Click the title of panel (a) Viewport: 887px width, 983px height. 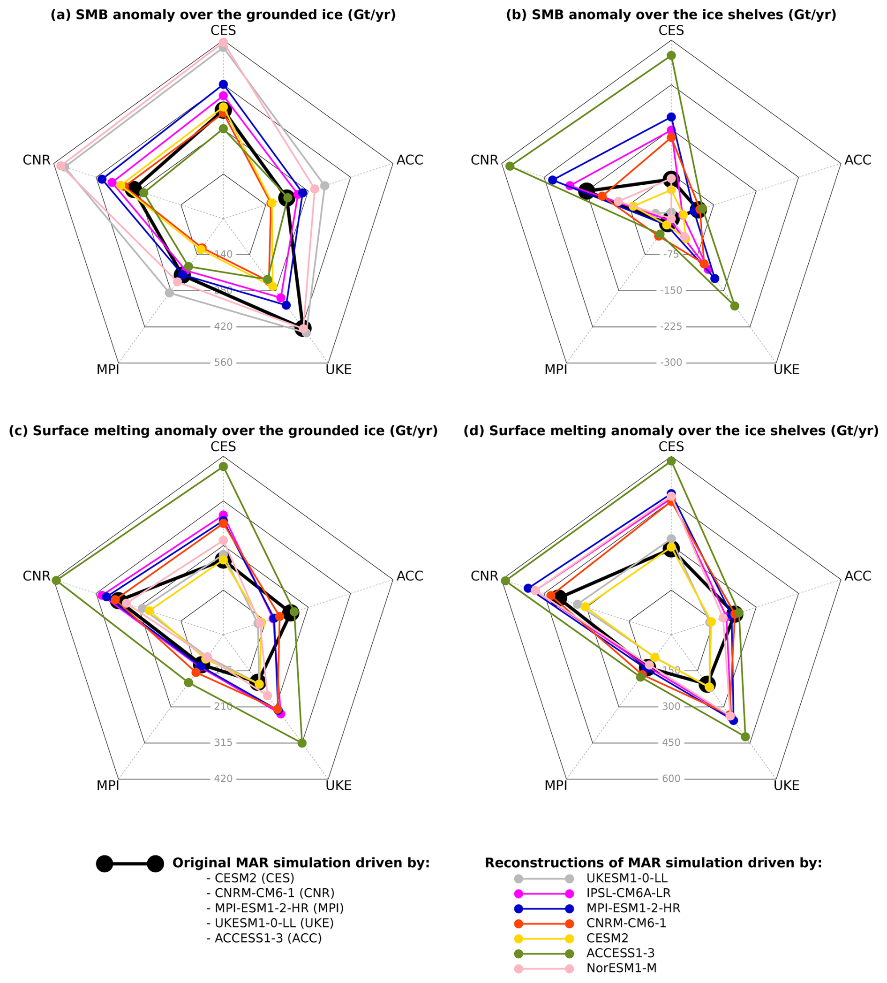pos(223,15)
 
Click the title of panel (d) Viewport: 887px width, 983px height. pos(670,431)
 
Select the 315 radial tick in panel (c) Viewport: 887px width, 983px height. pos(223,742)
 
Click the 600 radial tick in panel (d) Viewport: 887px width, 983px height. pos(670,779)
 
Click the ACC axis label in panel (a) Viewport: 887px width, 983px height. pos(409,160)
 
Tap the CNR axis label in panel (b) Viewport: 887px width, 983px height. pos(484,160)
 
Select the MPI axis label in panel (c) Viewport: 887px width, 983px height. pos(108,786)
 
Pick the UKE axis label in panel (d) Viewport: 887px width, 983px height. pos(786,786)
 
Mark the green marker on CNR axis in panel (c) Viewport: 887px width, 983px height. pos(56,580)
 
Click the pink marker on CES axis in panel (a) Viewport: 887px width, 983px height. pos(223,43)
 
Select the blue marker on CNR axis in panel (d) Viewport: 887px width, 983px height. pos(528,588)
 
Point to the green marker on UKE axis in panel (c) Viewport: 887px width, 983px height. pos(301,743)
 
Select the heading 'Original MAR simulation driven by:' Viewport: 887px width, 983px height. pos(301,862)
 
